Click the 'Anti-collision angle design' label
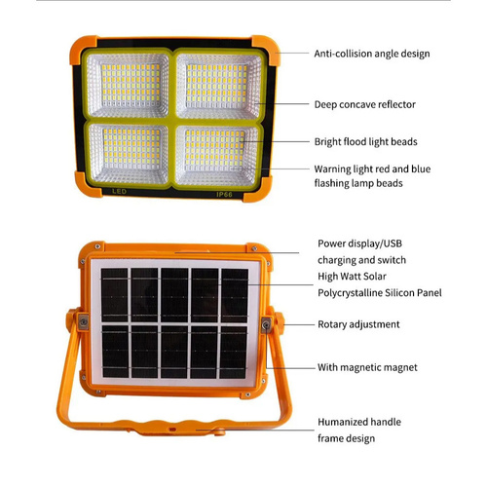pos(372,54)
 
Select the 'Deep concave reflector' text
pos(364,104)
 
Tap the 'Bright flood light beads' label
pos(365,142)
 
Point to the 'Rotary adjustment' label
pos(358,324)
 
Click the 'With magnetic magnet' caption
pos(367,367)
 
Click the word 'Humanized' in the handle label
pos(343,422)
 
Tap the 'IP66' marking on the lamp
pos(224,195)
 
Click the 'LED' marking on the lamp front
pos(119,192)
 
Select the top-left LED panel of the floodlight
pos(128,85)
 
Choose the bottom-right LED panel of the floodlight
pos(216,155)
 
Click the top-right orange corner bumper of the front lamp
pos(266,49)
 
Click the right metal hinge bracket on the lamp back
pos(266,324)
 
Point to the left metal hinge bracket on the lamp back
pos(83,321)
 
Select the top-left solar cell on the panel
pos(114,295)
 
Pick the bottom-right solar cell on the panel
pos(234,353)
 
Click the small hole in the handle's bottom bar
pos(172,430)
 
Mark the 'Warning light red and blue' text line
pos(372,169)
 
